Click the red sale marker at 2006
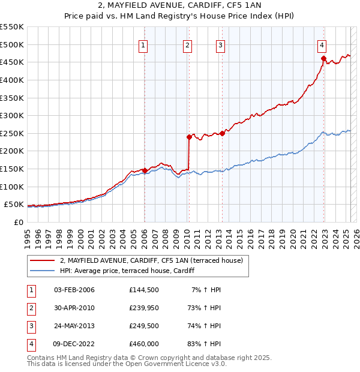pos(145,170)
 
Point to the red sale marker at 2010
pos(189,137)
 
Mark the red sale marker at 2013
pos(222,133)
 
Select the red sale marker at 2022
pos(323,58)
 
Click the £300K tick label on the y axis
pos(12,115)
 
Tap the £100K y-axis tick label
pos(12,187)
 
